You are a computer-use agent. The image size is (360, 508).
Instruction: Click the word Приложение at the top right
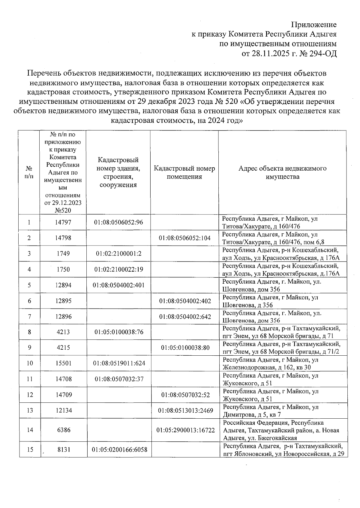coord(314,25)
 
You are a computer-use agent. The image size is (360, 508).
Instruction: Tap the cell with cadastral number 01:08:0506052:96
coord(118,223)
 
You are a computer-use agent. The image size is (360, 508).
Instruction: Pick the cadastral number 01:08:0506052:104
coord(185,238)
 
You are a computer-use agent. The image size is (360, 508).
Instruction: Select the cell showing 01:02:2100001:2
coord(118,254)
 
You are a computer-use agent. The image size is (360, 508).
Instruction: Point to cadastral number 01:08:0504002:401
coord(118,285)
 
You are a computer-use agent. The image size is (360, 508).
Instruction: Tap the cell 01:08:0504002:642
coord(185,317)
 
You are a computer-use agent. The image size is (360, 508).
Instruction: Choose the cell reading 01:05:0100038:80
coord(185,348)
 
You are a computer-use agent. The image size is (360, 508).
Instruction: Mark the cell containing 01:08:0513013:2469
coord(185,411)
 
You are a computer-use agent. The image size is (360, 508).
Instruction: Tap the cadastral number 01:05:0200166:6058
coord(119,450)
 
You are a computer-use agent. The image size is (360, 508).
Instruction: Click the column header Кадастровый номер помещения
coord(184,172)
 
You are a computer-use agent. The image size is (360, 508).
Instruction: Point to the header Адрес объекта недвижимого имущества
coord(282,172)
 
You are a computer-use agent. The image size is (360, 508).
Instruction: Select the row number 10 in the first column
coord(29,363)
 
